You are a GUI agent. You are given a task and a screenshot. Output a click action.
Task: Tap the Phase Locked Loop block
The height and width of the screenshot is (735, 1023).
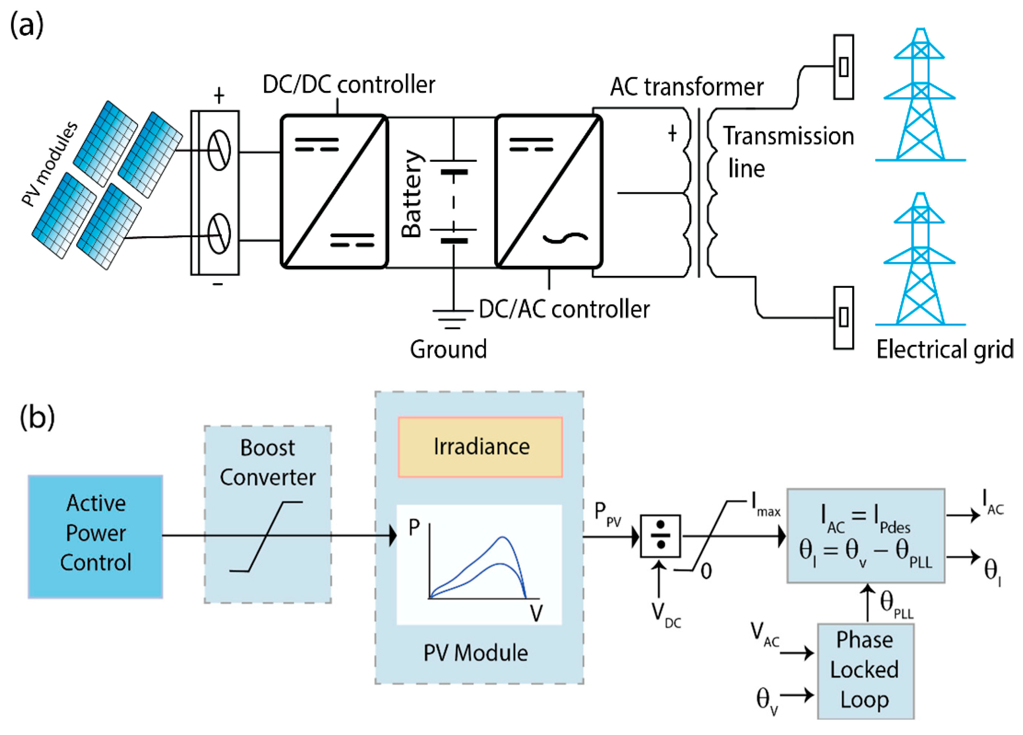click(x=865, y=671)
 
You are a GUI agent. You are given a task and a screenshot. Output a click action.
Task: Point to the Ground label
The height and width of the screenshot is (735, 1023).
click(x=448, y=349)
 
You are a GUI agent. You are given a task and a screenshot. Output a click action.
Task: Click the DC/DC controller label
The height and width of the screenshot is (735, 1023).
click(x=349, y=85)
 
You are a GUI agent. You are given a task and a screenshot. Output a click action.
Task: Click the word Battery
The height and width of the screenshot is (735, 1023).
click(x=411, y=193)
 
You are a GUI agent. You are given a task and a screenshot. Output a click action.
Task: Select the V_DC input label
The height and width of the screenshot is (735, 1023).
click(x=666, y=616)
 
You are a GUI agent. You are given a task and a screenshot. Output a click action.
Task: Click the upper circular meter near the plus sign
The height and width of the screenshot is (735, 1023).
click(x=219, y=150)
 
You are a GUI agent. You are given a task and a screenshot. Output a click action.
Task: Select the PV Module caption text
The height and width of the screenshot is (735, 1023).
click(x=475, y=653)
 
